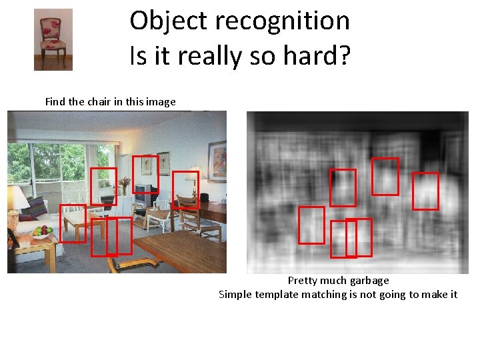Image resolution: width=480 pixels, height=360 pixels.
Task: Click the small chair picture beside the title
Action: (x=53, y=39)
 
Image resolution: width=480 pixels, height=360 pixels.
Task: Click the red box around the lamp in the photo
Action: (x=186, y=189)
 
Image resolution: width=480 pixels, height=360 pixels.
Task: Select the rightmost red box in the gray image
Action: (x=425, y=191)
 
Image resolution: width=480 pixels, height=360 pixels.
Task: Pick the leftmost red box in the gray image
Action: (x=311, y=225)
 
